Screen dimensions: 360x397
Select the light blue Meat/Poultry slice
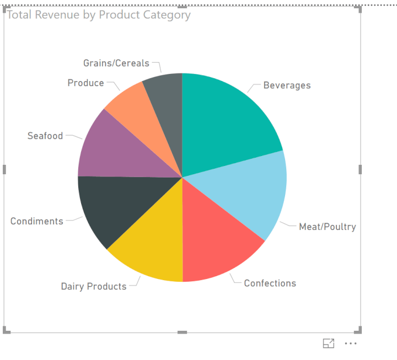click(254, 193)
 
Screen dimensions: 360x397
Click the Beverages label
click(287, 85)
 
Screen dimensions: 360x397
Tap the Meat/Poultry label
click(327, 227)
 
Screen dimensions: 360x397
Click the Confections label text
click(270, 283)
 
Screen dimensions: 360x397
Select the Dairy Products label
click(94, 287)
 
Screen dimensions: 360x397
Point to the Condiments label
click(37, 221)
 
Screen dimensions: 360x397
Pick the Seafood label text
click(45, 136)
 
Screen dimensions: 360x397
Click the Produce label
click(85, 83)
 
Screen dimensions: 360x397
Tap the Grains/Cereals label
click(116, 63)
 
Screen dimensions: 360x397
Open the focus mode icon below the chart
click(329, 343)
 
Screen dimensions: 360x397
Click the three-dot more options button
click(351, 343)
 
